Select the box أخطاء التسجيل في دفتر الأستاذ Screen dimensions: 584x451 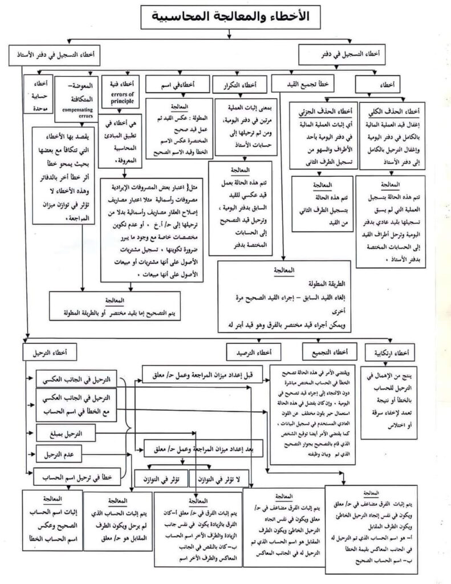[55, 55]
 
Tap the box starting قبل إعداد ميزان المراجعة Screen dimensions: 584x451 [200, 374]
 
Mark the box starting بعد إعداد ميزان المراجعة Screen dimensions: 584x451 [202, 449]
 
